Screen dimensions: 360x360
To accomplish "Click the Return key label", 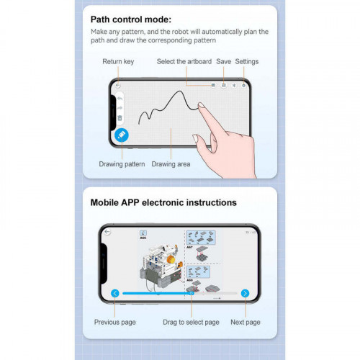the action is pos(118,62).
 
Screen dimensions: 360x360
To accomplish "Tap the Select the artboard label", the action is pos(184,61).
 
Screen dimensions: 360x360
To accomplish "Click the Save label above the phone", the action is pos(223,61).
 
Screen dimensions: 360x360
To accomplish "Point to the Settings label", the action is pos(247,62).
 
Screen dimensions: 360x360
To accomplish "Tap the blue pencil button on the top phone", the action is pos(122,135).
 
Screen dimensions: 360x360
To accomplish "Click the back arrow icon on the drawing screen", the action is pos(117,85).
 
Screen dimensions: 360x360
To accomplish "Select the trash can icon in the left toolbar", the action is pos(120,118).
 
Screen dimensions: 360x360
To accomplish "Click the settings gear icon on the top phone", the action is pos(243,85).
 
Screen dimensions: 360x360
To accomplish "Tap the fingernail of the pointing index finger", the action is pos(201,105).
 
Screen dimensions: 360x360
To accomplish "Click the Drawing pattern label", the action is pos(122,164).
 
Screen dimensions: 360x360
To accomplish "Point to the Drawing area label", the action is pos(171,164).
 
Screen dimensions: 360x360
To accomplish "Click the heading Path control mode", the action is pos(131,19).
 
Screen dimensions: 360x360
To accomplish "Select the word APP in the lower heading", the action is pos(130,202).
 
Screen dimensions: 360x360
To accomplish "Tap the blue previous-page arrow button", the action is pos(115,293).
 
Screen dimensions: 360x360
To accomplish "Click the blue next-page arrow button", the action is pos(245,293).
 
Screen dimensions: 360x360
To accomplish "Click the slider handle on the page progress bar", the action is pos(192,293).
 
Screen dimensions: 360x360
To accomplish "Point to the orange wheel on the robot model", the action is pos(171,260).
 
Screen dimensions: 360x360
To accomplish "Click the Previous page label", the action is pos(115,322).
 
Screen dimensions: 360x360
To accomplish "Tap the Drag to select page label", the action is pos(191,322).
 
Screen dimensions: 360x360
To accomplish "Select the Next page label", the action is pos(246,322).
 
